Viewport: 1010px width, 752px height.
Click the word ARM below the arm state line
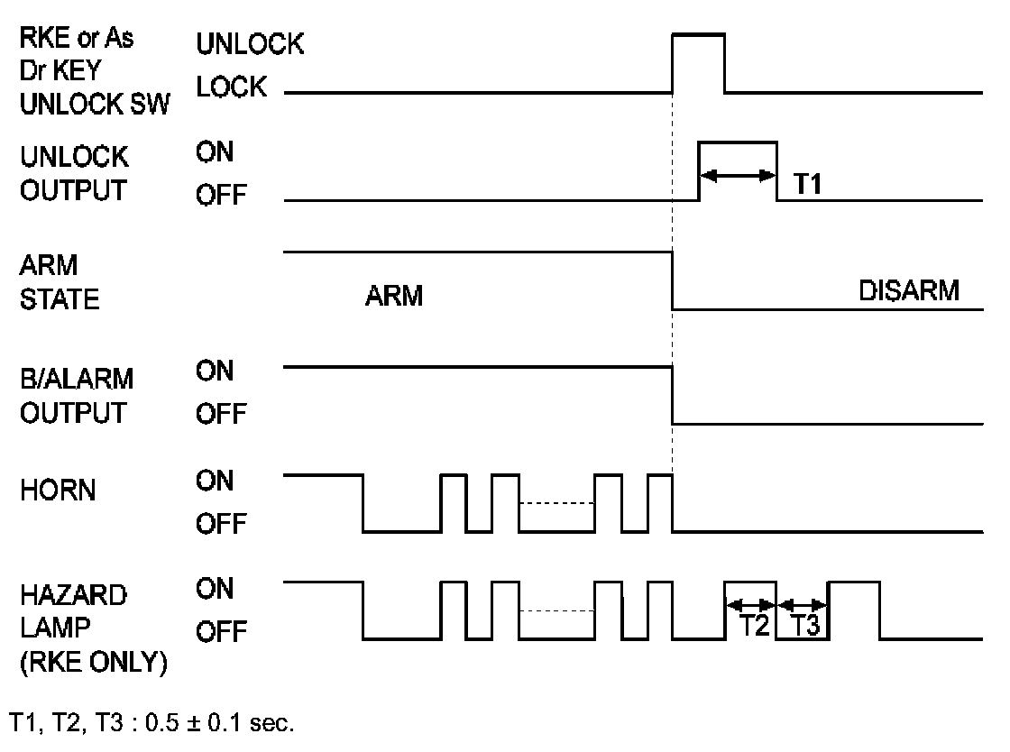[x=394, y=296]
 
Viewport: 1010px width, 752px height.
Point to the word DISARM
[x=909, y=293]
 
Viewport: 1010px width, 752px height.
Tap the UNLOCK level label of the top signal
[x=250, y=44]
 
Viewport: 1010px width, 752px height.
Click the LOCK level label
[x=231, y=87]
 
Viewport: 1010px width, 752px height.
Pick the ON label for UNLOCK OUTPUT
[x=215, y=152]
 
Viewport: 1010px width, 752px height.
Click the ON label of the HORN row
[x=215, y=481]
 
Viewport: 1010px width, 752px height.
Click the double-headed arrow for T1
[x=739, y=175]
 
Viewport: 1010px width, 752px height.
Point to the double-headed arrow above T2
[x=750, y=604]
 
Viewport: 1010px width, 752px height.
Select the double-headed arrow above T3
[x=802, y=604]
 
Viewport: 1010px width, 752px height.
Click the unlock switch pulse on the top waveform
[x=699, y=36]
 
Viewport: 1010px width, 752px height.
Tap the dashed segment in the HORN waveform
[x=556, y=503]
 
